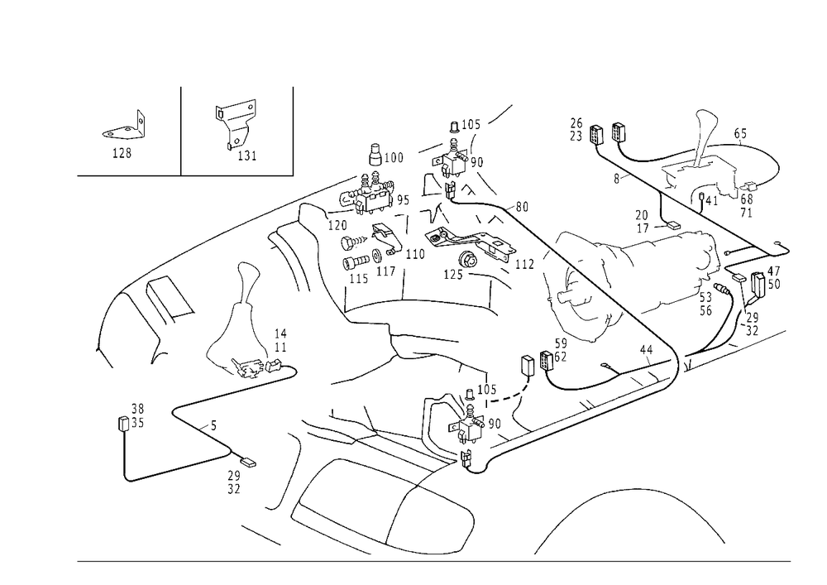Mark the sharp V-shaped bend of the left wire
(x=173, y=410)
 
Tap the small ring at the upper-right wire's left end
(x=576, y=128)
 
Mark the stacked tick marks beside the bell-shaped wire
(x=280, y=339)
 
